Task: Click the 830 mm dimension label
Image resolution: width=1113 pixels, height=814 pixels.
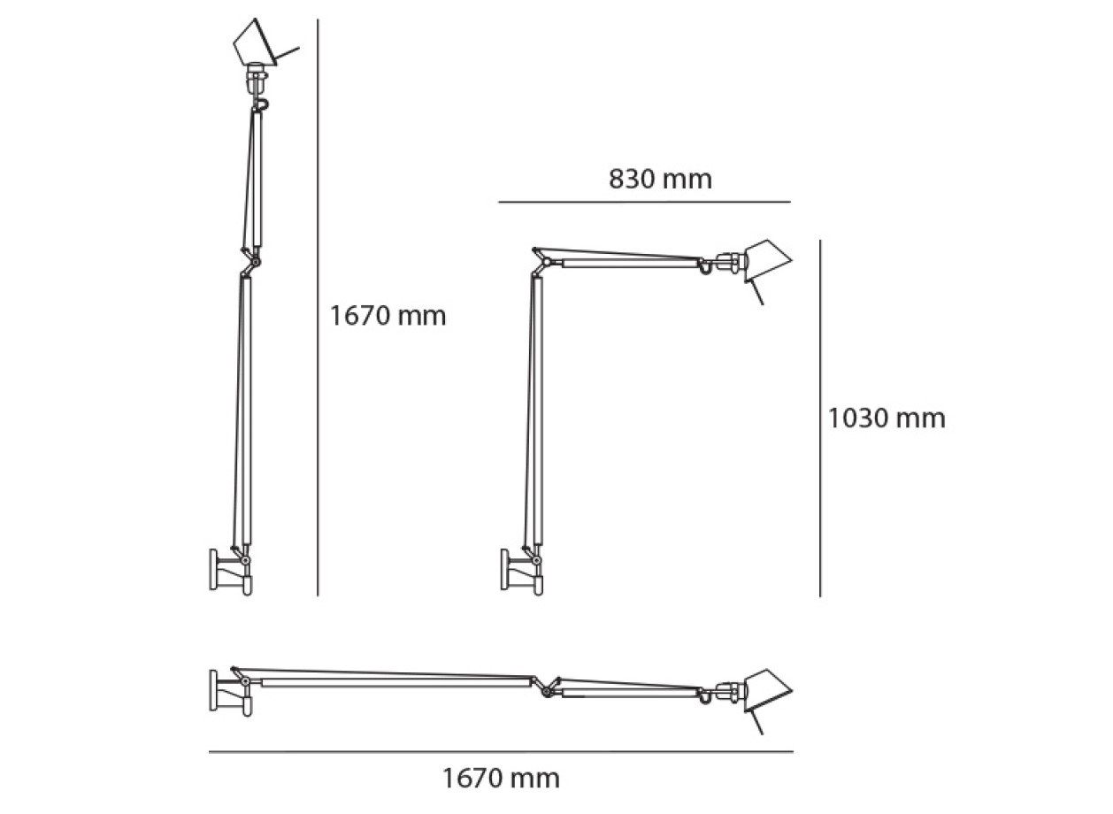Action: pyautogui.click(x=660, y=179)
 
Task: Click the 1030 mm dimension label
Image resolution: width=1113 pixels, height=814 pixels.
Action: pyautogui.click(x=887, y=418)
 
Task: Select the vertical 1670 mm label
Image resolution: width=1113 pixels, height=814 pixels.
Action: pyautogui.click(x=388, y=316)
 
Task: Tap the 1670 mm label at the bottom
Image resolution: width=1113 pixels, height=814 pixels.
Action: pyautogui.click(x=502, y=779)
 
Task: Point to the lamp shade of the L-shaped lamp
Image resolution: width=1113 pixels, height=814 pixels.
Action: pyautogui.click(x=767, y=261)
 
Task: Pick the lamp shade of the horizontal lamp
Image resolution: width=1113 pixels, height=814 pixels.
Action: pyautogui.click(x=767, y=691)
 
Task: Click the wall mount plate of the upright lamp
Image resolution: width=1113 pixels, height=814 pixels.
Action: pyautogui.click(x=213, y=570)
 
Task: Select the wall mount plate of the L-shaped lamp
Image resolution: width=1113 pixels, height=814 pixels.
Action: pyautogui.click(x=505, y=570)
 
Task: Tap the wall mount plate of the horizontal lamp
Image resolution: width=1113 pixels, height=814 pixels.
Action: pyautogui.click(x=213, y=691)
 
